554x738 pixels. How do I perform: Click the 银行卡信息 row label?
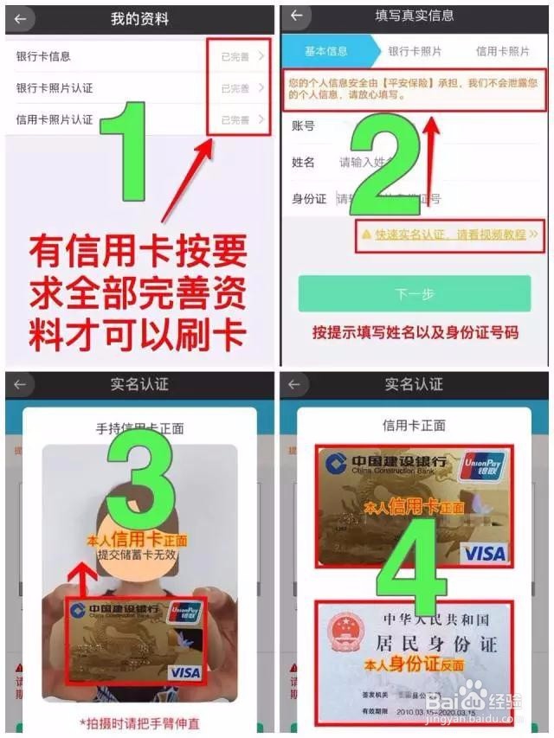(x=43, y=57)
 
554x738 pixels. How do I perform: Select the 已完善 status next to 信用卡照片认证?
(x=235, y=120)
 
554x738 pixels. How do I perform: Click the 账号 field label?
(x=304, y=126)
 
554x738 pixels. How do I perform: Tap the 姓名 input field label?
(x=304, y=163)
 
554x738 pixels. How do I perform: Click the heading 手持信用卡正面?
(x=139, y=428)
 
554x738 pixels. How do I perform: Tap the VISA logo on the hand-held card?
(x=184, y=671)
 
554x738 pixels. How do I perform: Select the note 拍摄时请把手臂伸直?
(x=139, y=722)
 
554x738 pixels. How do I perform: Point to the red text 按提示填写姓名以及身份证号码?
(x=415, y=332)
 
